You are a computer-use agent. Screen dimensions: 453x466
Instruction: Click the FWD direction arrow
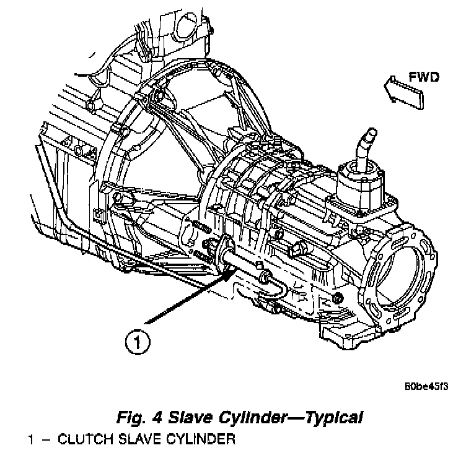click(402, 90)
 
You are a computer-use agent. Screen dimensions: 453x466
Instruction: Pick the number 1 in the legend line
click(30, 440)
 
